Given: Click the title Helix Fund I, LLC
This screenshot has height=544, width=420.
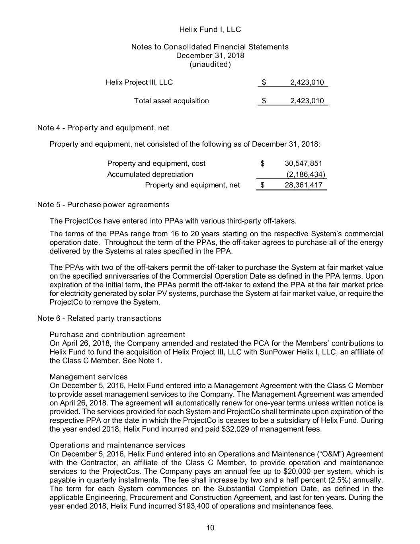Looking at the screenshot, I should [x=210, y=29].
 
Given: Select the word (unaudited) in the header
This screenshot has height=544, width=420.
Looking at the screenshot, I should [x=210, y=65].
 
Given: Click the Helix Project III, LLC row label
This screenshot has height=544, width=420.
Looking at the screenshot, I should [x=139, y=82].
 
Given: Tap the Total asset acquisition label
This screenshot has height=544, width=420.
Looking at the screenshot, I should [x=171, y=101].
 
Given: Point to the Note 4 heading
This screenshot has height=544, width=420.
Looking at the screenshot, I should [x=103, y=128].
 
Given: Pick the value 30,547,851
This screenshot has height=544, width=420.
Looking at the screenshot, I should [x=303, y=163].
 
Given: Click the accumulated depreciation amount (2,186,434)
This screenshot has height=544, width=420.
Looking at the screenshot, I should [x=306, y=174].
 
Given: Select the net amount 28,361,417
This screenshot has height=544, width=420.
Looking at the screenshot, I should [x=303, y=185].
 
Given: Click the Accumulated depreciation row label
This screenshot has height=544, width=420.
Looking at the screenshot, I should [x=150, y=174].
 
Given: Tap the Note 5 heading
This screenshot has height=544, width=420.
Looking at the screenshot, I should [x=103, y=205].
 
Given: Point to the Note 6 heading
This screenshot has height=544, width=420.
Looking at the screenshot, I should [x=99, y=318].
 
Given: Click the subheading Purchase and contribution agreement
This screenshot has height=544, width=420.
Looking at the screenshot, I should [x=117, y=334].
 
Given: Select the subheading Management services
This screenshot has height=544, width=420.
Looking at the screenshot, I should [x=89, y=377].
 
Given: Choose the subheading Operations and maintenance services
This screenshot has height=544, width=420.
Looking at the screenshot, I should [x=117, y=445].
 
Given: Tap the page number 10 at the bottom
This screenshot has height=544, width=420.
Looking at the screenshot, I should [x=210, y=528].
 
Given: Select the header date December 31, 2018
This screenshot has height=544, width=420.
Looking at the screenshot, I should [x=210, y=56].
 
